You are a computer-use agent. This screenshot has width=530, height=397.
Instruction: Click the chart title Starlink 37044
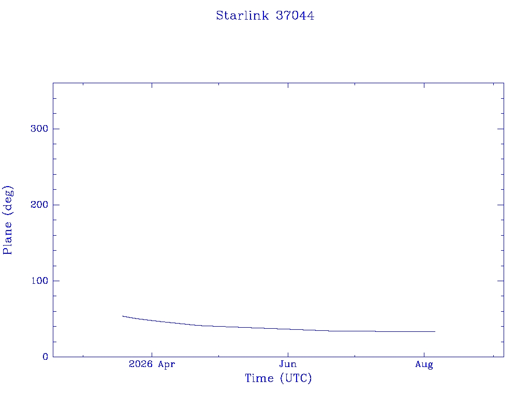[265, 16]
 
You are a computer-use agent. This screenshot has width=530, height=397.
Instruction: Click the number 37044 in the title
[295, 16]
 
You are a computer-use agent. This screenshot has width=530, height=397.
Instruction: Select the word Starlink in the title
[242, 16]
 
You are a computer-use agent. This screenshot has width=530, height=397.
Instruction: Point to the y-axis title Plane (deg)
[7, 220]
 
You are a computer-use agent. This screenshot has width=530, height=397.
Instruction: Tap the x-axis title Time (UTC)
[278, 378]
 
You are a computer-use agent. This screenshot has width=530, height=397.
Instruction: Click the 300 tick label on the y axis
[39, 129]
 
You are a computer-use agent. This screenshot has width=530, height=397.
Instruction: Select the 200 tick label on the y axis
[39, 205]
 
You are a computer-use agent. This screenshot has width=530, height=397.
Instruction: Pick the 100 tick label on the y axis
[39, 281]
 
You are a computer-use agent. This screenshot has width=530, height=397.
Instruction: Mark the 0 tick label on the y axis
[46, 357]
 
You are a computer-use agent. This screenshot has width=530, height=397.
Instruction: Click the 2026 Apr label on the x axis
[152, 364]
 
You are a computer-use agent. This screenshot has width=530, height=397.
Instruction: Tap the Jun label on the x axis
[288, 364]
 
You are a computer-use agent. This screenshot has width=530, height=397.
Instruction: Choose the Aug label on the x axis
[424, 364]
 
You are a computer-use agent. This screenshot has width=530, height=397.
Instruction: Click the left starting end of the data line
[122, 316]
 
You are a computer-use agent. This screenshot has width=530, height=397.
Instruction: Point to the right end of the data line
[435, 331]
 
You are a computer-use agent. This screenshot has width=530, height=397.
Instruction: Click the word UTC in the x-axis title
[296, 378]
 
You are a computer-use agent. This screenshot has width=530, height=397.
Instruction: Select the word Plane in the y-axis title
[7, 238]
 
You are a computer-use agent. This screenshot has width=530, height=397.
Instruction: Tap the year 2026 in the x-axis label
[141, 364]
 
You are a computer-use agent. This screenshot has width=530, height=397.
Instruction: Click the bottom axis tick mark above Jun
[288, 354]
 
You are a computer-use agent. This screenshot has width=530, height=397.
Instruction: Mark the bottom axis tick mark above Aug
[424, 354]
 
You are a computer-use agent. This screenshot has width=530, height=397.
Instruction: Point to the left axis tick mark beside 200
[56, 205]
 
